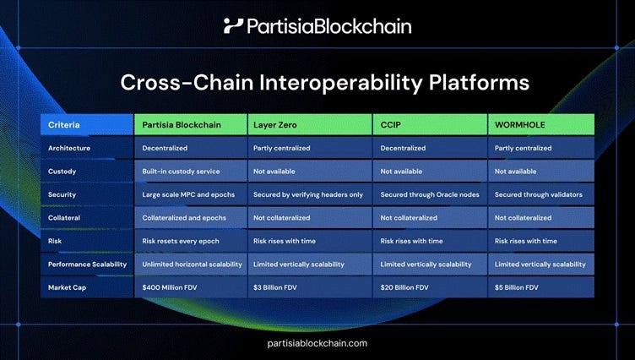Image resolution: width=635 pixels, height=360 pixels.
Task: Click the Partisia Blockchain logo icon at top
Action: [x=233, y=26]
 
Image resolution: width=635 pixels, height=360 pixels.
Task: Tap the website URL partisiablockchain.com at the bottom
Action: [x=317, y=342]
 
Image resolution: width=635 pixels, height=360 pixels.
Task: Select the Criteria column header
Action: [x=87, y=125]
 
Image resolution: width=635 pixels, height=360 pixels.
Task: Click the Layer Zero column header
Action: [x=309, y=125]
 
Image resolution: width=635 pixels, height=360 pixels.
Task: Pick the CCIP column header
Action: [x=429, y=125]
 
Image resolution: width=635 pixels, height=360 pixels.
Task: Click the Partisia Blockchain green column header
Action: [x=191, y=125]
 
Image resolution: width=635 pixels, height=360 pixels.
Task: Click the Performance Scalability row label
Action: [x=87, y=265]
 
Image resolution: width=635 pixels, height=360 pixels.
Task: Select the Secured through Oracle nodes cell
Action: [x=429, y=194]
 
